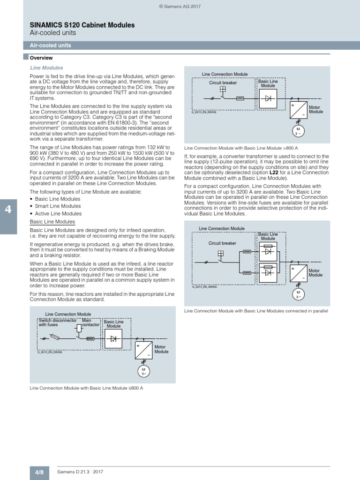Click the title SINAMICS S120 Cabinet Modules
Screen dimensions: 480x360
click(82, 24)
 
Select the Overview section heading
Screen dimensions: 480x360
click(41, 58)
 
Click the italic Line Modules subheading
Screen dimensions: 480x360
click(46, 68)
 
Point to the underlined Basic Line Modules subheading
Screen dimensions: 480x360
click(52, 222)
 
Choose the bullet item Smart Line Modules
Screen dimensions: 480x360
click(58, 206)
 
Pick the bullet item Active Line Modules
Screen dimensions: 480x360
click(58, 213)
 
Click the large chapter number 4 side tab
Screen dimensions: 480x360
click(8, 210)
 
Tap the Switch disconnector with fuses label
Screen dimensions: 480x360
click(57, 322)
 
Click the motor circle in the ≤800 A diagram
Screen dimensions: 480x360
click(142, 372)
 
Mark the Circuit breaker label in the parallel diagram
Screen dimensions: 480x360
click(222, 243)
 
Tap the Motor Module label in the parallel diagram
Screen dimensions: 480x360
click(315, 273)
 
